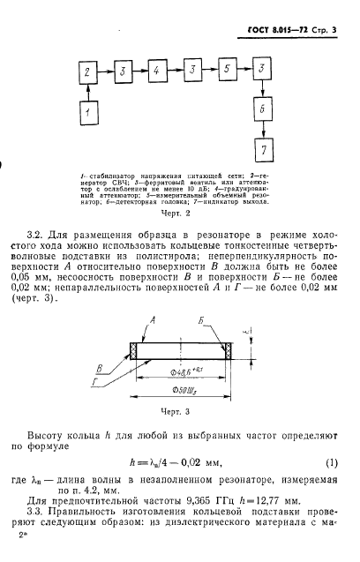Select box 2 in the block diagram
(86, 71)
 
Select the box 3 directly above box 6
(261, 70)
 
